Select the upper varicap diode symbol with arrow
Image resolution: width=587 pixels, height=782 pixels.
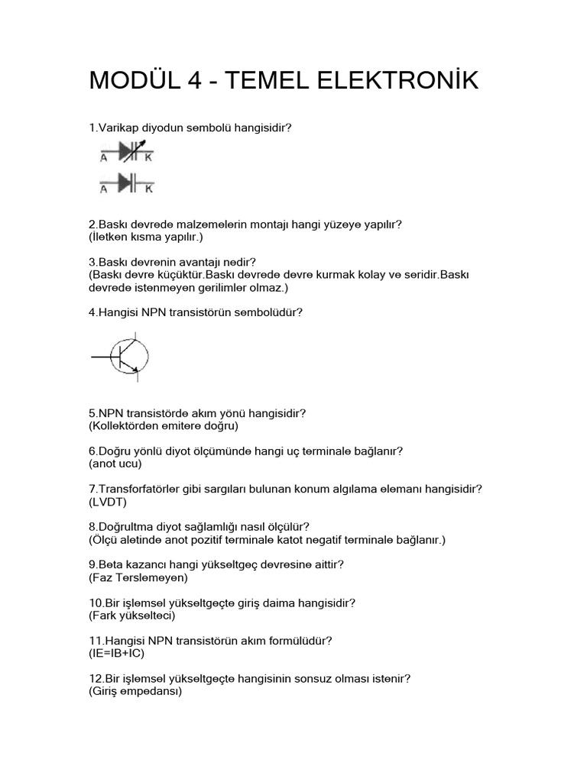[x=127, y=153]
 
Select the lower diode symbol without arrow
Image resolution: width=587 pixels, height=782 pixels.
[x=127, y=183]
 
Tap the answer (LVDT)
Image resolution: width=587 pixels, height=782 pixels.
[x=108, y=502]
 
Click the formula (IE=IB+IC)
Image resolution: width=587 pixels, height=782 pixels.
[x=116, y=654]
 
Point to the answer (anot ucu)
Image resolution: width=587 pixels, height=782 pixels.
[x=115, y=464]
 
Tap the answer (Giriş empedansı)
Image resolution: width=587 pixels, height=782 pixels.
[x=135, y=692]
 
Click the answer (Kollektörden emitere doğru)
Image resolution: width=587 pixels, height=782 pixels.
[x=164, y=425]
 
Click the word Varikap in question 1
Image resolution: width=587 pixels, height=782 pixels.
[x=117, y=128]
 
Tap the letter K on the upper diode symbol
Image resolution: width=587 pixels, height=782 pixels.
[x=148, y=158]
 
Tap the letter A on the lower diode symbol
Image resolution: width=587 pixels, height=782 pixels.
[x=104, y=188]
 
